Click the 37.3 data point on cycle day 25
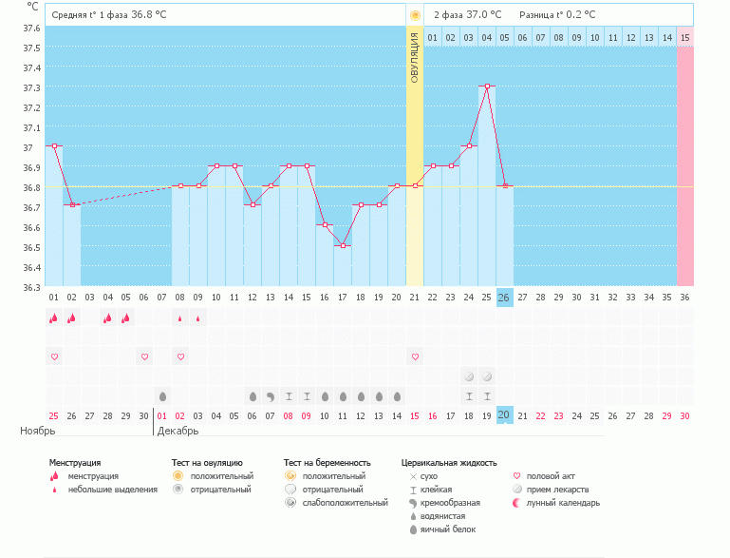tap(487, 87)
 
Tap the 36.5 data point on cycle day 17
tap(343, 245)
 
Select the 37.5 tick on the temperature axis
tap(31, 47)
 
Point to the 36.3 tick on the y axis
tap(31, 287)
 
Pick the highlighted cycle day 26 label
tap(504, 298)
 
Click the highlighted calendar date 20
tap(504, 415)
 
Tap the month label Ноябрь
tap(38, 432)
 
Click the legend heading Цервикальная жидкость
tap(449, 463)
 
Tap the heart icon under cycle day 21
tap(415, 356)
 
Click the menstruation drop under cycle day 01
tap(54, 318)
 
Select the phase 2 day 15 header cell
tap(685, 37)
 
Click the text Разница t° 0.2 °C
tap(557, 14)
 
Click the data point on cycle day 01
tap(54, 146)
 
